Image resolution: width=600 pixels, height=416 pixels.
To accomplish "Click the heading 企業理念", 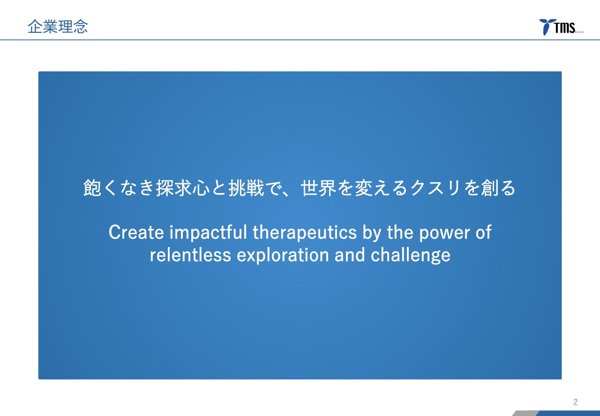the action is (x=58, y=27).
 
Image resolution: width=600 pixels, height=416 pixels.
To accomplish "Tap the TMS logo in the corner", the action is (x=561, y=27).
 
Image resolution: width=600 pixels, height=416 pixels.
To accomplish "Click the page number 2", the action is (x=575, y=402).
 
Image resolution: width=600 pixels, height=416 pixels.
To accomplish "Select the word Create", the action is (x=136, y=232).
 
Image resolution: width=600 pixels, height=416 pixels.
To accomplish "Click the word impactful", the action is (x=208, y=232).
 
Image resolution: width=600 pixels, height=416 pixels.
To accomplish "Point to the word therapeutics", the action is (x=305, y=232).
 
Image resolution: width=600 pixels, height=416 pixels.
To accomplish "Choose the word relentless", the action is (x=190, y=255).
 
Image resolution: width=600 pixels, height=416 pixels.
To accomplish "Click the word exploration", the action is (x=283, y=255).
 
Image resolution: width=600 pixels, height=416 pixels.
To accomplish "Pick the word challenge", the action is (x=411, y=255).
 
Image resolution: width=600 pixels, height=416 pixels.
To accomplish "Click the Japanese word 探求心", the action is (x=183, y=188).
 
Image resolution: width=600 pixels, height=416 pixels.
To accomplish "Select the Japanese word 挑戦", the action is (x=247, y=188).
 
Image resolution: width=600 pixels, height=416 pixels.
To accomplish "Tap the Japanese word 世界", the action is (x=319, y=188).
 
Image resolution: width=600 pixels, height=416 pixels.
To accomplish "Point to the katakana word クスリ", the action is (x=435, y=188).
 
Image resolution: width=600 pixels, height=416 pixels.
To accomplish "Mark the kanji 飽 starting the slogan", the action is (x=92, y=188).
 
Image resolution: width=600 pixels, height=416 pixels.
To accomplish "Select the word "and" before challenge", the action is (x=350, y=255).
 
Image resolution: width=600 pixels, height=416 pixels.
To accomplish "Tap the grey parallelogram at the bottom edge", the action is (x=525, y=413).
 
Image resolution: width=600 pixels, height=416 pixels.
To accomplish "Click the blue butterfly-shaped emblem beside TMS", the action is (x=547, y=26).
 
